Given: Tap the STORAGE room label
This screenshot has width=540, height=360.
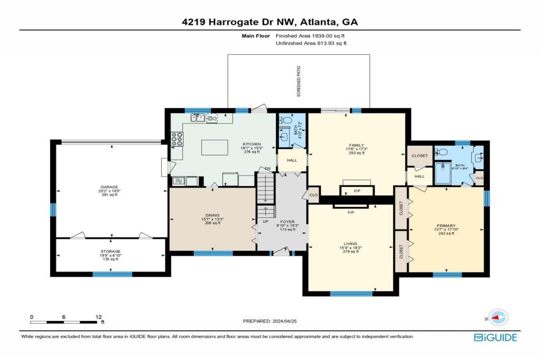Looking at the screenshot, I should (x=110, y=251).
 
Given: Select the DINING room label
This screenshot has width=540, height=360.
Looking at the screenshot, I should (x=212, y=215).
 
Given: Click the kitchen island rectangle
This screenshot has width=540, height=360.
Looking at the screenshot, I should (x=215, y=147).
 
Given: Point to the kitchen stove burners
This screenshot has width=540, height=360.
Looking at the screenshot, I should (x=177, y=139).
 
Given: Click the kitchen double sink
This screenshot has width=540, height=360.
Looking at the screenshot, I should (x=198, y=119).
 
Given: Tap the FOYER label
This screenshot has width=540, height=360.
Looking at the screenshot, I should (x=287, y=222).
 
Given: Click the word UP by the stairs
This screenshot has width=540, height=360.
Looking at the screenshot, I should (x=266, y=221).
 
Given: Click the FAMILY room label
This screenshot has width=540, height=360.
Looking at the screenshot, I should (x=356, y=145).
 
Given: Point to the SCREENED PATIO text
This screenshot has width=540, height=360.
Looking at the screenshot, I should (x=298, y=81).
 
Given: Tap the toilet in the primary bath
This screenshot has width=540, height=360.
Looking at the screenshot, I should (x=442, y=152).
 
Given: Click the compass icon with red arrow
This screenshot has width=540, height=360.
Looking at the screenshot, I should (x=498, y=317).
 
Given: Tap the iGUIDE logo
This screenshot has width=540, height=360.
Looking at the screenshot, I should (x=495, y=337).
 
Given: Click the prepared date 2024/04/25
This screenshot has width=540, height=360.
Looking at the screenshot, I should (x=274, y=321).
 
